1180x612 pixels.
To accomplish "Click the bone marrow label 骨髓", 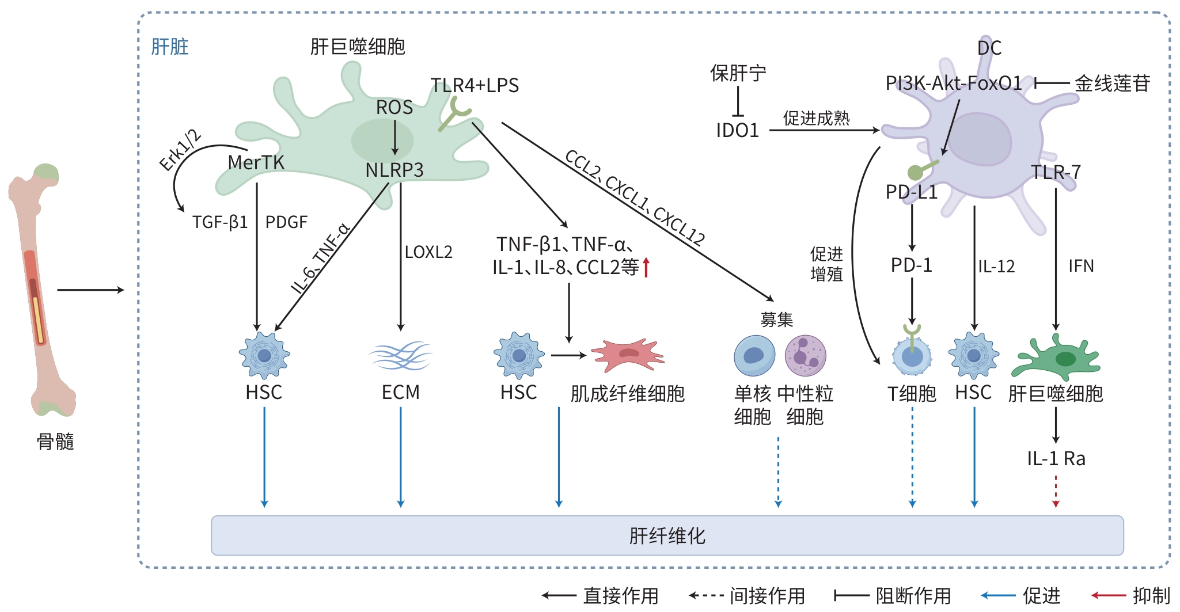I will (x=55, y=442).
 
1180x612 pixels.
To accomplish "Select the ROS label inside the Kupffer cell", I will (x=394, y=108).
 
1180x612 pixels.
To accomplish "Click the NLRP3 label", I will (x=394, y=170).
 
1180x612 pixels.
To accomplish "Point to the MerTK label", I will (x=256, y=163).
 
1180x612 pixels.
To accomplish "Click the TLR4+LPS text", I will (x=475, y=86).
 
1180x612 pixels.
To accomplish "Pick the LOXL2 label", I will (x=428, y=252).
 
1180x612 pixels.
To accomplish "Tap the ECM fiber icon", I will (x=400, y=355).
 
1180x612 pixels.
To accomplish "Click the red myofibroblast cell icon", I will (x=627, y=355).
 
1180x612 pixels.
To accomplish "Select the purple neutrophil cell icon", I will (x=806, y=355).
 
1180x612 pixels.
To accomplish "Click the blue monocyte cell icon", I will (x=754, y=355).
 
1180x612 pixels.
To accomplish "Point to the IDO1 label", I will (x=738, y=131).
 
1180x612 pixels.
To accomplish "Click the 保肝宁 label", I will (x=738, y=74).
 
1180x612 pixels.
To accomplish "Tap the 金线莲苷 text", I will (x=1112, y=84).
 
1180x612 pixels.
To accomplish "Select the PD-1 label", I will (x=912, y=265).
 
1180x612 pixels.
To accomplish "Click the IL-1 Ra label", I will (x=1056, y=459).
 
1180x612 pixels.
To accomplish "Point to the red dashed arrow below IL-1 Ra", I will (x=1056, y=491).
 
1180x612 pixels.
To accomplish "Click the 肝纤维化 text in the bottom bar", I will (x=667, y=536).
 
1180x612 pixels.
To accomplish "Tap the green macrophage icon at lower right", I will (x=1056, y=357).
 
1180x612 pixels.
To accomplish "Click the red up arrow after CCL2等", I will (x=646, y=267).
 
